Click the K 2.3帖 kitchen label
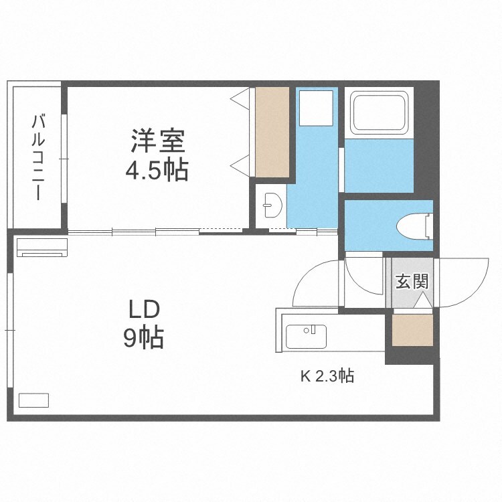327,376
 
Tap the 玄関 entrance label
411,282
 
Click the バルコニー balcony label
39,157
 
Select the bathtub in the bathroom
378,112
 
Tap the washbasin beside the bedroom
272,204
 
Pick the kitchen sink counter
306,337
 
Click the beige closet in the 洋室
272,132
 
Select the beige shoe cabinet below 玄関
412,330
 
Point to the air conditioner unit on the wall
42,246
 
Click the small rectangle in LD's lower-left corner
33,400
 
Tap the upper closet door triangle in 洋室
240,98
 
